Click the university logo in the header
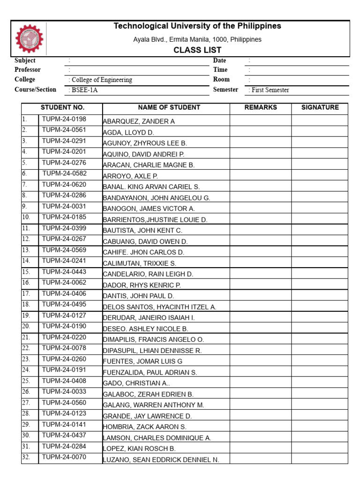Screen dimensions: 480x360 click(29, 39)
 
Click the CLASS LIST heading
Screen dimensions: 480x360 click(197, 50)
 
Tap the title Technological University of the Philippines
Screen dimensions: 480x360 click(197, 26)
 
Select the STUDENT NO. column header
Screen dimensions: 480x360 click(62, 108)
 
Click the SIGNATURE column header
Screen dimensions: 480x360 click(320, 108)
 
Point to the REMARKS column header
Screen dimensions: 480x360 click(261, 108)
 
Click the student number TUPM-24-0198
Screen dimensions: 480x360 click(64, 119)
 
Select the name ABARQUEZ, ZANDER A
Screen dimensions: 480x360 click(139, 121)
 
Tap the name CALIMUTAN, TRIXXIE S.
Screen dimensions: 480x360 click(140, 263)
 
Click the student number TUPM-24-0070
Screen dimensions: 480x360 click(64, 457)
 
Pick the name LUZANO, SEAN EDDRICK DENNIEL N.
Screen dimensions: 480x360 click(161, 460)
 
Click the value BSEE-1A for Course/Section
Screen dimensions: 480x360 click(85, 90)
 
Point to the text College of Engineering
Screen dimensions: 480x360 click(102, 80)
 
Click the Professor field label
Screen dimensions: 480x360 click(28, 70)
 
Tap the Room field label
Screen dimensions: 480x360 click(221, 80)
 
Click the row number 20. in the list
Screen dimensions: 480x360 click(26, 326)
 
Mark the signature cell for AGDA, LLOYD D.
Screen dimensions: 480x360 click(320, 132)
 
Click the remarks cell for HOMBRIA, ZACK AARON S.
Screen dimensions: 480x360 click(261, 426)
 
